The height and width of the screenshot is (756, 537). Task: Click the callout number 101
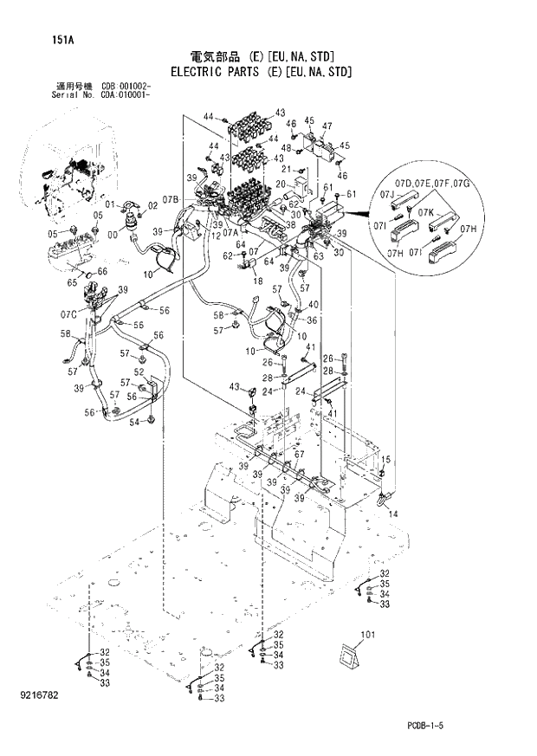tap(368, 636)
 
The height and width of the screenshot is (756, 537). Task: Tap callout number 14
tap(393, 514)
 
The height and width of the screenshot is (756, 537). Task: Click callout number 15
tap(386, 460)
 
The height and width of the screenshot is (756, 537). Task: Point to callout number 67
tap(299, 456)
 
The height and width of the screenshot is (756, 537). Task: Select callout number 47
tap(327, 126)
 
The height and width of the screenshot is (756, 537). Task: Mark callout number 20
tap(280, 184)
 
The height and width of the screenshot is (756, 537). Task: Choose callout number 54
tap(133, 422)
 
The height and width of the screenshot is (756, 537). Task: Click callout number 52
tap(139, 372)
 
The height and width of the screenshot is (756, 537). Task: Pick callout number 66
tap(102, 271)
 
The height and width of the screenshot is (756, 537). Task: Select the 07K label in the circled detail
tap(425, 211)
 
